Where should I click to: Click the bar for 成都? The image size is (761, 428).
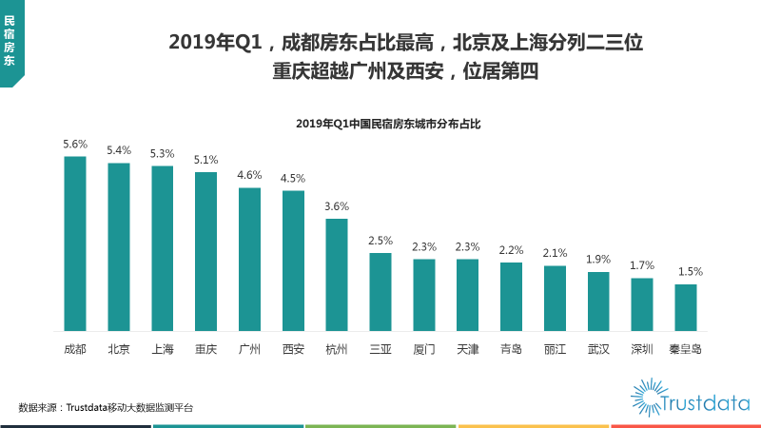click(75, 243)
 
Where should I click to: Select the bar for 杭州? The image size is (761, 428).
click(337, 275)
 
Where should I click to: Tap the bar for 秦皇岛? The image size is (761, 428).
click(686, 307)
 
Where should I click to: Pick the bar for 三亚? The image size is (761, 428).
click(380, 291)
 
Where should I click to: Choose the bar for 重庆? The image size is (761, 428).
click(205, 251)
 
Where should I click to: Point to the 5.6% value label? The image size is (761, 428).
click(75, 145)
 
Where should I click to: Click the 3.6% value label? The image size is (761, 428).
click(337, 206)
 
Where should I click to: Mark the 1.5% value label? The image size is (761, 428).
click(686, 271)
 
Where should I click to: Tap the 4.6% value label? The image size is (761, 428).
click(249, 175)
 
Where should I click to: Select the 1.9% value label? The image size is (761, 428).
click(598, 259)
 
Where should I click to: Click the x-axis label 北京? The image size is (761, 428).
click(119, 349)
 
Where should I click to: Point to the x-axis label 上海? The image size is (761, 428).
click(163, 349)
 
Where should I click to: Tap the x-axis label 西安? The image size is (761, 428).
click(293, 349)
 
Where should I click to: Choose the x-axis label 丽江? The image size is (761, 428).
click(555, 349)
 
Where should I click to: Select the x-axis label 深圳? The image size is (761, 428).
click(642, 349)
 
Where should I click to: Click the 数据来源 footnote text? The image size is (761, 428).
click(106, 407)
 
